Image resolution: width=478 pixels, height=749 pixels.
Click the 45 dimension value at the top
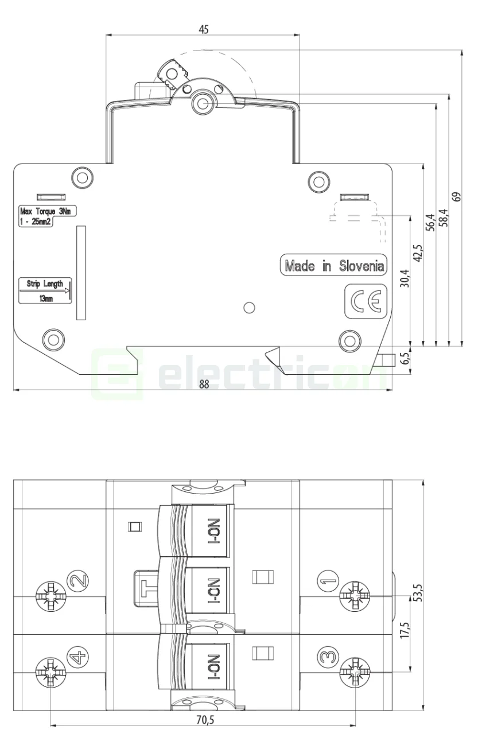click(x=204, y=29)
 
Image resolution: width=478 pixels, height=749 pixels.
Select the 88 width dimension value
click(x=204, y=384)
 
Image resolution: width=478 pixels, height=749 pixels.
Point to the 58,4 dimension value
click(x=444, y=219)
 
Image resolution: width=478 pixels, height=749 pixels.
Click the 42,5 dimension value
click(x=418, y=253)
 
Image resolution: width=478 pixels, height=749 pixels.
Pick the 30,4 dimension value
click(x=406, y=278)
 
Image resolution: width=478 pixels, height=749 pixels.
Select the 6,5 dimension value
click(x=405, y=359)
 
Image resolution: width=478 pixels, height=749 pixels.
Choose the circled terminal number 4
click(x=79, y=656)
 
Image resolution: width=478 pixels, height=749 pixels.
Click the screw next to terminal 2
click(x=49, y=595)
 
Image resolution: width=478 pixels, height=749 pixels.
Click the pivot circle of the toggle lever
click(x=201, y=102)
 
